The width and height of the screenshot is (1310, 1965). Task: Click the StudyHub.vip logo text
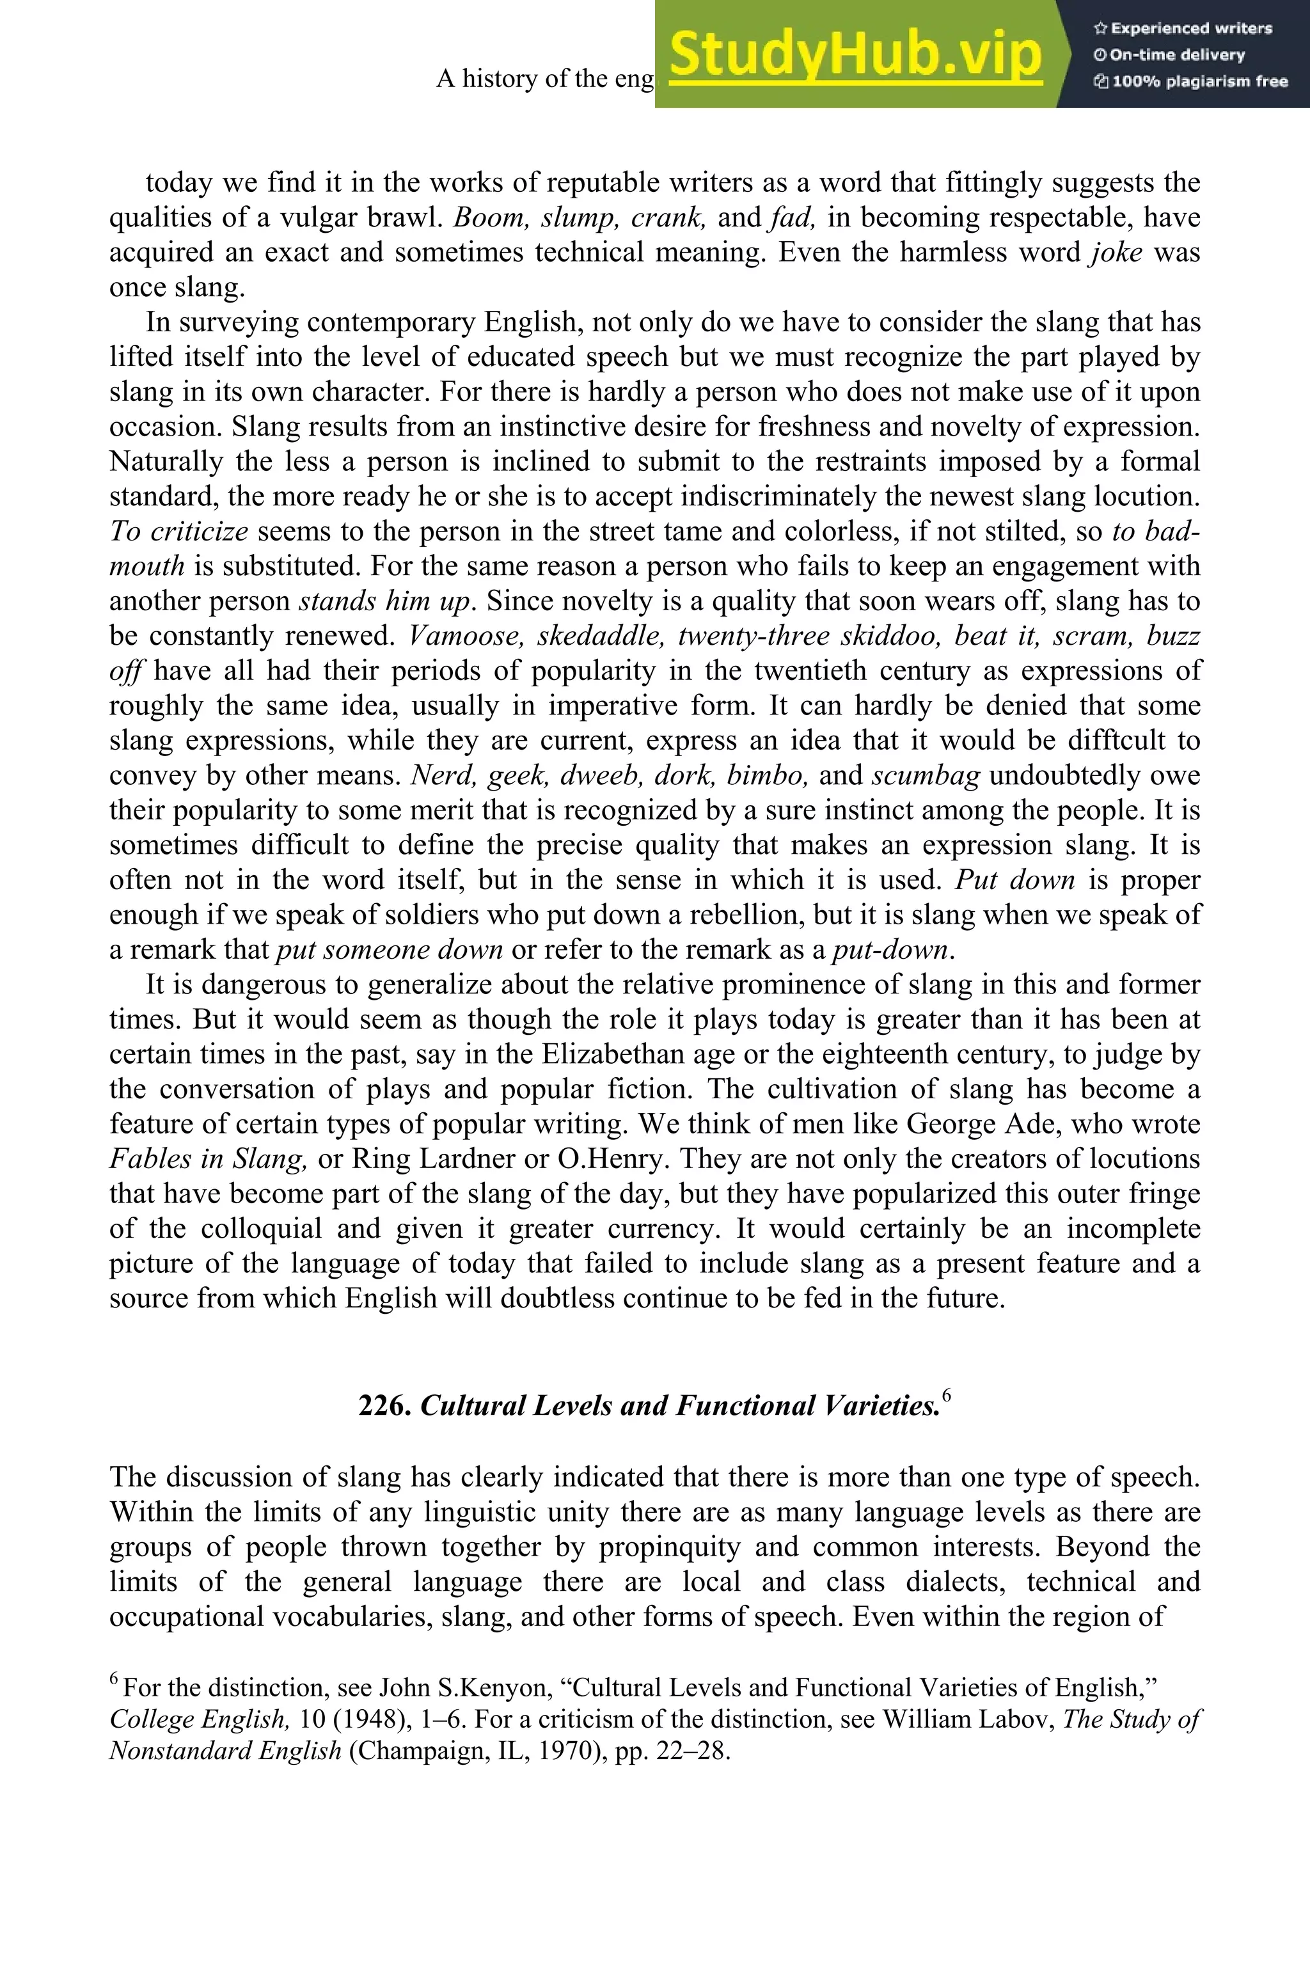(855, 54)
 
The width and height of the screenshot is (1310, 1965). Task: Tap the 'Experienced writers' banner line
(1182, 28)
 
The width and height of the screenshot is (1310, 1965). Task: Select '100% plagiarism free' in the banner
(1190, 81)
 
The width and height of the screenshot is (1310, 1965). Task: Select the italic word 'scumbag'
(926, 775)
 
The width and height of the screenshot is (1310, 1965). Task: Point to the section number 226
(384, 1406)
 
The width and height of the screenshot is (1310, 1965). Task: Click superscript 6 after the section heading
(947, 1395)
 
